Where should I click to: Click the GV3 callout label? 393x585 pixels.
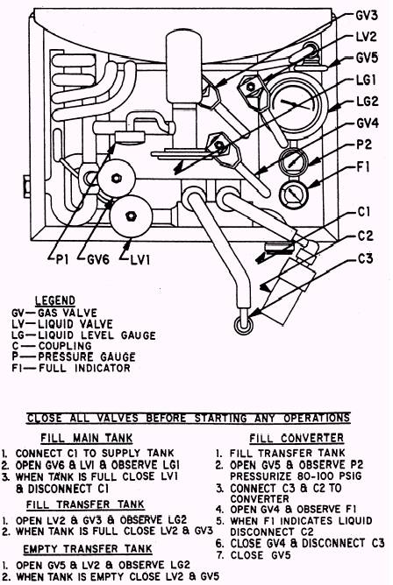click(x=367, y=15)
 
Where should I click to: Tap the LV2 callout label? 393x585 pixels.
click(x=366, y=37)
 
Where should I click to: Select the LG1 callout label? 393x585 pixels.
click(x=366, y=80)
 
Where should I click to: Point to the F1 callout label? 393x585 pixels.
click(x=363, y=166)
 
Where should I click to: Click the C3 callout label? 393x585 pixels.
click(x=365, y=258)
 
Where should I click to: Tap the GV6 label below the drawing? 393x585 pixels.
click(x=98, y=259)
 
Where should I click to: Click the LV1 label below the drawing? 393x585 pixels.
click(x=140, y=259)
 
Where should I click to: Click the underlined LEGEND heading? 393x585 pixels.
click(x=55, y=300)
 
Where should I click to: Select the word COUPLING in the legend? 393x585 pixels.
click(x=65, y=346)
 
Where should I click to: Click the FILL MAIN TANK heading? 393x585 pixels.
click(x=86, y=438)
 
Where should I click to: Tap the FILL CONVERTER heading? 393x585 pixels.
click(x=297, y=438)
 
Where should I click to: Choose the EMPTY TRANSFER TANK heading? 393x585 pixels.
click(x=88, y=549)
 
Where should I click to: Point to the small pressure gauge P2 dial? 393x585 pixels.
click(x=294, y=162)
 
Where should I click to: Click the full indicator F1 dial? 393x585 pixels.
click(x=293, y=194)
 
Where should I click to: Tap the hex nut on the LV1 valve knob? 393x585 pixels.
click(x=131, y=215)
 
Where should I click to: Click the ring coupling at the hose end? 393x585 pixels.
click(x=243, y=324)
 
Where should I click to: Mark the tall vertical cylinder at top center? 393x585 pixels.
click(x=184, y=67)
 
